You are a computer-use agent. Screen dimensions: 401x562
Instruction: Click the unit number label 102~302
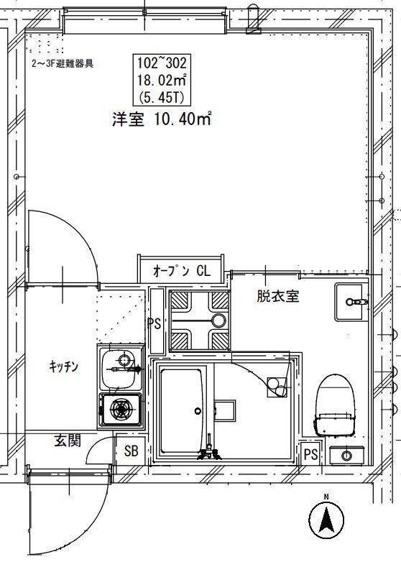click(x=162, y=63)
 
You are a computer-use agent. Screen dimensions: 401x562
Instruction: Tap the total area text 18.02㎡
click(x=162, y=80)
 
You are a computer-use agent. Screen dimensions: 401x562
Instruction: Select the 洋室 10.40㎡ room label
click(x=162, y=119)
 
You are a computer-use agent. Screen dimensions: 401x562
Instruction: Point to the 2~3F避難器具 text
click(x=63, y=64)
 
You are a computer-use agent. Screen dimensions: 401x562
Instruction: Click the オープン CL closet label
click(x=181, y=271)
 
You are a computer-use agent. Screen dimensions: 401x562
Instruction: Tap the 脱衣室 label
click(x=277, y=296)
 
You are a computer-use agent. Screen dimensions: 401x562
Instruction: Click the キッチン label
click(x=63, y=367)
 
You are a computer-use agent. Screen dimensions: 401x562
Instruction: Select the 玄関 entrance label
click(x=68, y=441)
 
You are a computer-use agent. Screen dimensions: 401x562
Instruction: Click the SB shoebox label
click(x=132, y=451)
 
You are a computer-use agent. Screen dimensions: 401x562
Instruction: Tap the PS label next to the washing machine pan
click(x=154, y=324)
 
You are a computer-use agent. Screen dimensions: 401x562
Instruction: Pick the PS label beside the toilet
click(x=310, y=455)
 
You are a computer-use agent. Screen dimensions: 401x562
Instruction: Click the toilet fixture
click(x=336, y=405)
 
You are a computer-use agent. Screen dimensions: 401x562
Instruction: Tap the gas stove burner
click(x=121, y=409)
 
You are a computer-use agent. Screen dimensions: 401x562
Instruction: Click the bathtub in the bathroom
click(x=181, y=411)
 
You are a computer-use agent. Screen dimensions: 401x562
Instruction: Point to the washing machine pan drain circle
click(x=218, y=320)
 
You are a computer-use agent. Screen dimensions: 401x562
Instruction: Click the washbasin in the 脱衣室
click(x=351, y=301)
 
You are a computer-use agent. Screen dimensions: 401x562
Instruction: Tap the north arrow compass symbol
click(x=326, y=519)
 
